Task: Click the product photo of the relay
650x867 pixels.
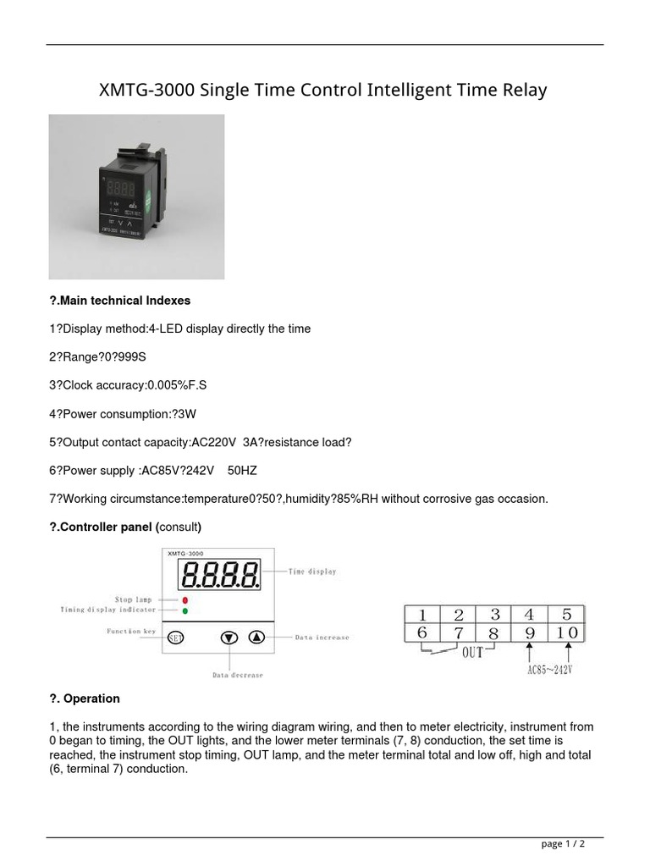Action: pyautogui.click(x=136, y=197)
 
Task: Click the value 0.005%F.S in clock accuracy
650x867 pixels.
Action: pyautogui.click(x=177, y=385)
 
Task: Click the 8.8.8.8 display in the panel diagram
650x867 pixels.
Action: pyautogui.click(x=218, y=577)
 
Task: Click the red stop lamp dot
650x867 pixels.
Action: pyautogui.click(x=185, y=599)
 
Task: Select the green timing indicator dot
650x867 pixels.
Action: pyautogui.click(x=185, y=610)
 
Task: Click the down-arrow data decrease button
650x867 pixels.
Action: pyautogui.click(x=229, y=638)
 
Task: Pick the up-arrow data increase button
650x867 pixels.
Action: pyautogui.click(x=256, y=638)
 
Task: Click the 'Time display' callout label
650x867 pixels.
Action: pyautogui.click(x=311, y=572)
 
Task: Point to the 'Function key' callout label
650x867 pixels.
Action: pyautogui.click(x=130, y=632)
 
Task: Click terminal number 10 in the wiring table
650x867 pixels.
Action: pyautogui.click(x=567, y=632)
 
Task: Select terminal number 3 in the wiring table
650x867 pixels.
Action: pyautogui.click(x=495, y=615)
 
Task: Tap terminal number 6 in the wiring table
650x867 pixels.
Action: pyautogui.click(x=421, y=632)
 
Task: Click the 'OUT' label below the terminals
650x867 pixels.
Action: pyautogui.click(x=473, y=654)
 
